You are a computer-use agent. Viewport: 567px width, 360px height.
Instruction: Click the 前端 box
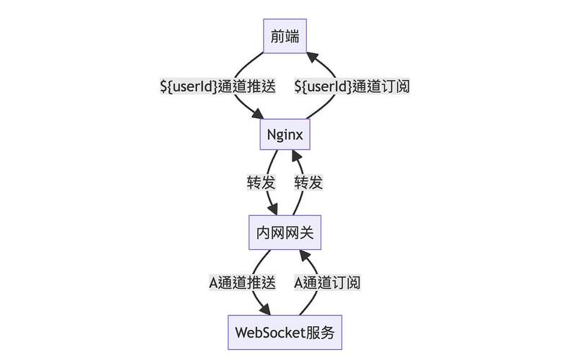(285, 36)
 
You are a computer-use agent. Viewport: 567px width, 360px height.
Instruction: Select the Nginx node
(285, 135)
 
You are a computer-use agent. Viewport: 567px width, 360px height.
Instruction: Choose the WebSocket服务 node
(285, 332)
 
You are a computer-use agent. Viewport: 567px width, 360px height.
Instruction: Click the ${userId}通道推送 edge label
(218, 86)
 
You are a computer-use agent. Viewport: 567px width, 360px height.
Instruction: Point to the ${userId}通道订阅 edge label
(352, 86)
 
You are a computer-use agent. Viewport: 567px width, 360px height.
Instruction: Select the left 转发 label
(261, 183)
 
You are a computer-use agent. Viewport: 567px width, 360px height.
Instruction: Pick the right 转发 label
(308, 183)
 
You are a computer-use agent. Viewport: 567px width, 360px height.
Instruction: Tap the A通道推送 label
(242, 282)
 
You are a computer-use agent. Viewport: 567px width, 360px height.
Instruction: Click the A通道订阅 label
(327, 282)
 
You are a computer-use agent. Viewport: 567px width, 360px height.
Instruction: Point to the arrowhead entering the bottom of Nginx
(295, 156)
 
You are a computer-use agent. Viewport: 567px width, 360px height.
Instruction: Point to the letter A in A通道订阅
(299, 282)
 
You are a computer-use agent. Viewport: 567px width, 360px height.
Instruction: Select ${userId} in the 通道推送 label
(189, 86)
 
